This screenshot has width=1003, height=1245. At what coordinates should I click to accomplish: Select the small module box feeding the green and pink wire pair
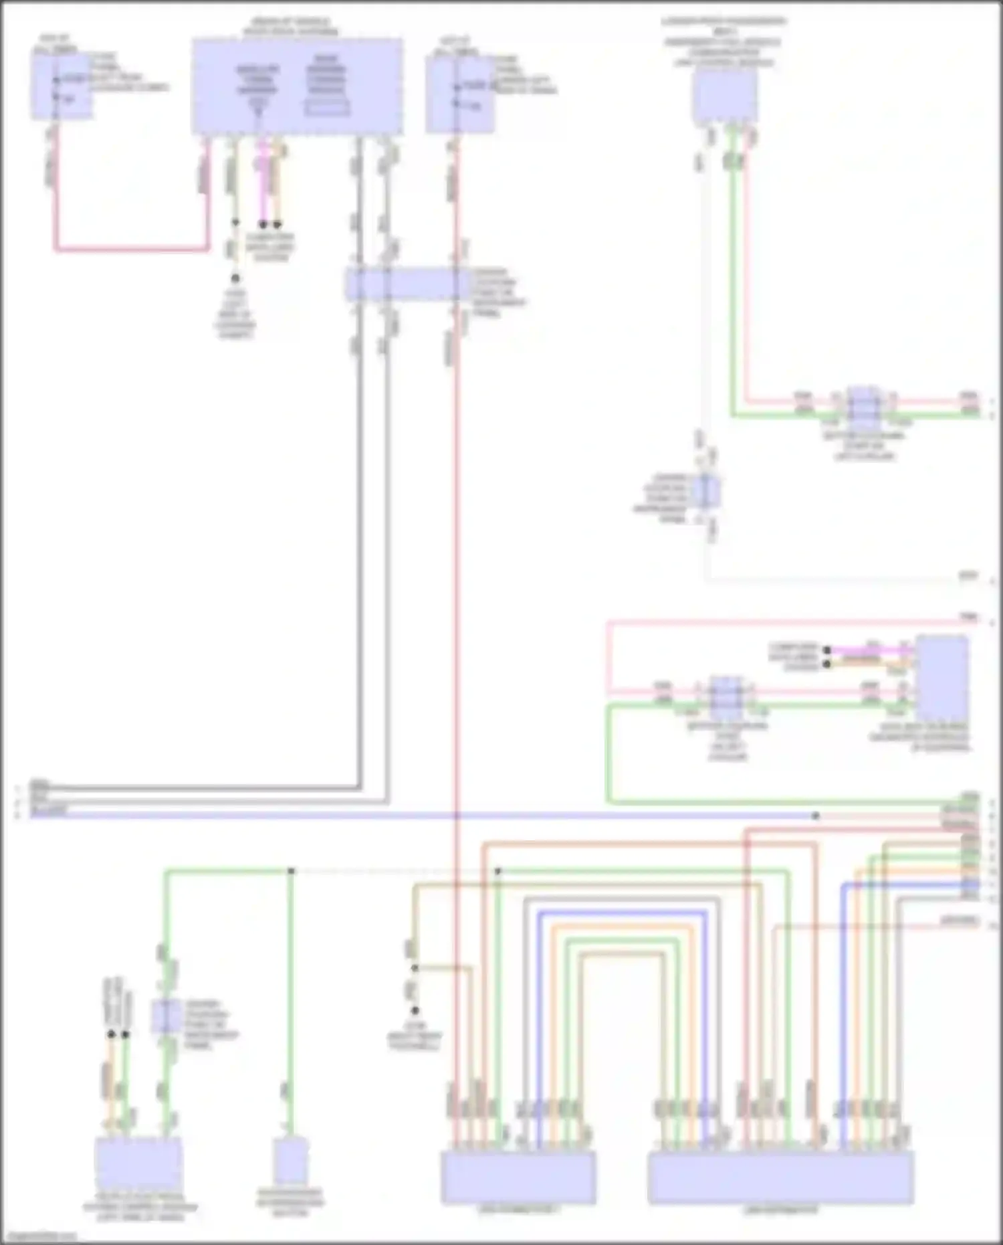725,96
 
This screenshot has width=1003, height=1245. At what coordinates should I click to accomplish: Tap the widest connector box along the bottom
780,1177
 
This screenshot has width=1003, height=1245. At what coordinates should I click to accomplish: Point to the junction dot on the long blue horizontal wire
816,816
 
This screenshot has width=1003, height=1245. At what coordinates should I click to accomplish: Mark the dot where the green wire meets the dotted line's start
292,871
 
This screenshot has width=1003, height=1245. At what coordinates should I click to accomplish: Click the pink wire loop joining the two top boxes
131,250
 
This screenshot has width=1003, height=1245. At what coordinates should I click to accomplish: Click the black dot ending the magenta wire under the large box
263,224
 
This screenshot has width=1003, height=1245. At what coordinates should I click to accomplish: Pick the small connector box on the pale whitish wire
706,491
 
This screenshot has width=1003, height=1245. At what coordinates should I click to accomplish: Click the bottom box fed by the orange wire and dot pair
138,1164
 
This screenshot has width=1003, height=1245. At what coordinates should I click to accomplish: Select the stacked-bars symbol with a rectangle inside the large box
327,87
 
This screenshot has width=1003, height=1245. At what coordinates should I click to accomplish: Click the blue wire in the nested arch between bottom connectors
622,913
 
